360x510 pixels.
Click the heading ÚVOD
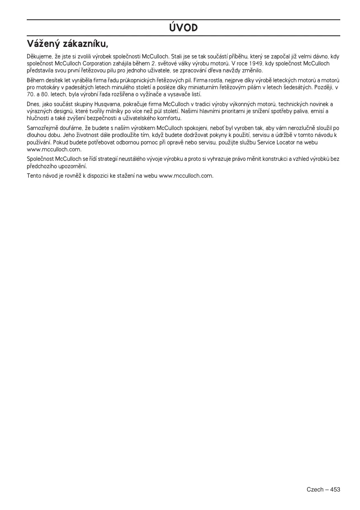click(x=183, y=28)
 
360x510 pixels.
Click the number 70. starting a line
click(x=30, y=95)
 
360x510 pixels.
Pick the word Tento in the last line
click(x=34, y=176)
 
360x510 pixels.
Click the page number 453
click(x=335, y=489)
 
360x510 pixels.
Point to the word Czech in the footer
click(x=314, y=489)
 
